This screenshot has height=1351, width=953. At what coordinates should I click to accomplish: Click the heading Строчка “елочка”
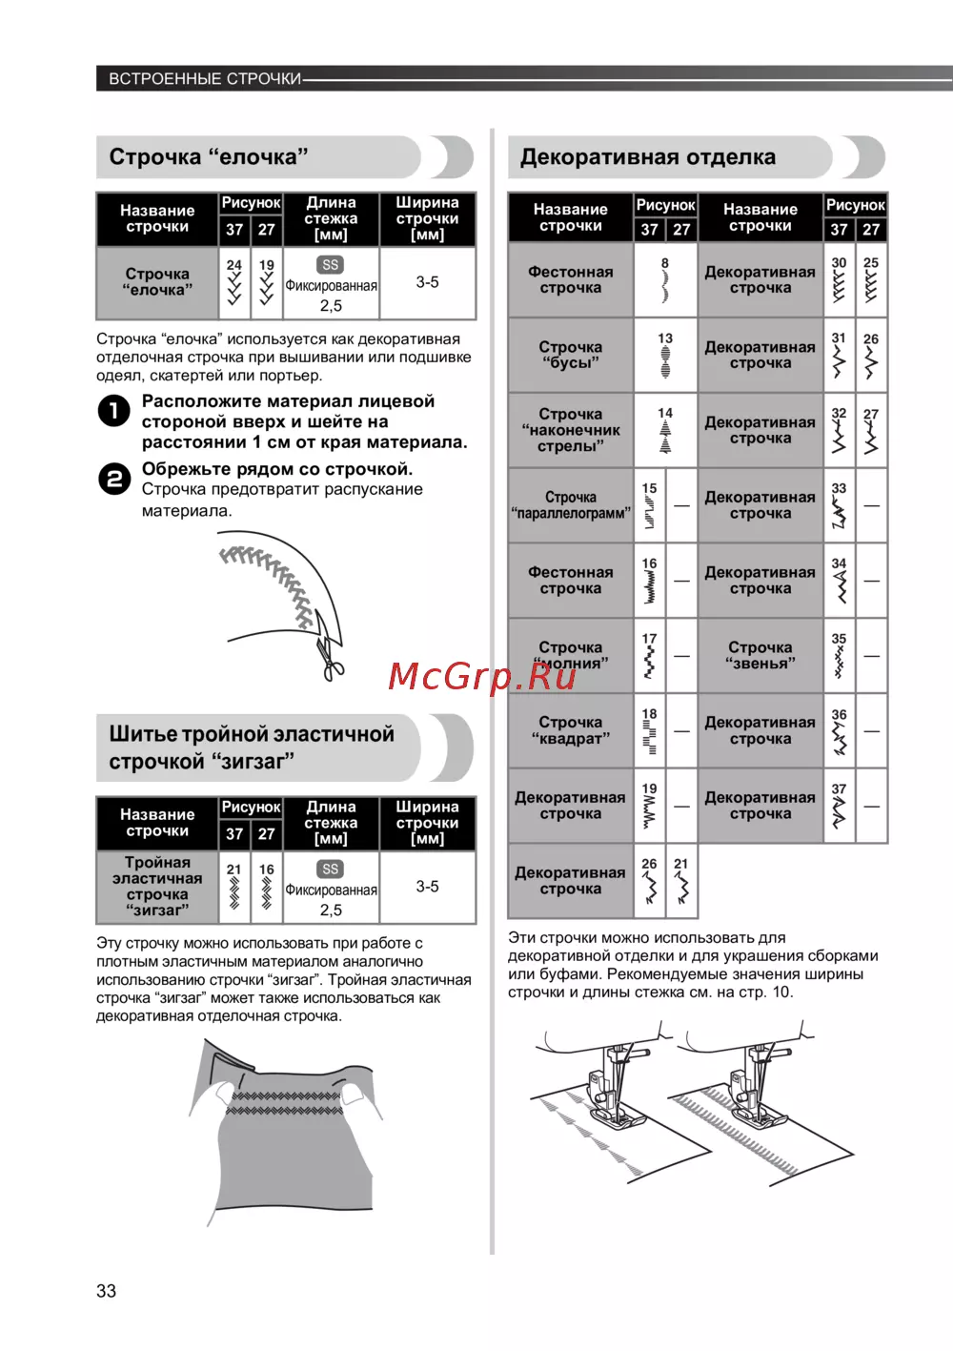click(209, 157)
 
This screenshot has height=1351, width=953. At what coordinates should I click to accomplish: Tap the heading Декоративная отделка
click(647, 157)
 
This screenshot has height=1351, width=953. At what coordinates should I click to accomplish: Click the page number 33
click(106, 1291)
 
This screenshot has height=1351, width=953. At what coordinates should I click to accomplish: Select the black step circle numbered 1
click(114, 411)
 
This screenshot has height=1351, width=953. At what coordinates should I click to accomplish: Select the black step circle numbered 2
click(114, 478)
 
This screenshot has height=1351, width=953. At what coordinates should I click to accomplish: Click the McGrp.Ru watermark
click(482, 676)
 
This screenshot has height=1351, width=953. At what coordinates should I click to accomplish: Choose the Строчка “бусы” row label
click(570, 355)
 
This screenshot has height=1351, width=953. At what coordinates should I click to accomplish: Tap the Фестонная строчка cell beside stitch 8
click(570, 279)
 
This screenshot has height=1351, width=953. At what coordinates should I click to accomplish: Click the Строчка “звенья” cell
click(760, 655)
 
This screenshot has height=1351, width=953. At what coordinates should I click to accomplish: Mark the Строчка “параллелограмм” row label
click(570, 505)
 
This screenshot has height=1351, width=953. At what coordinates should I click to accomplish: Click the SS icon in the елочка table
click(331, 265)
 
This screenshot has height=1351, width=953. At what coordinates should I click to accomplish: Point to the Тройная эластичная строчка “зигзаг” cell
click(157, 887)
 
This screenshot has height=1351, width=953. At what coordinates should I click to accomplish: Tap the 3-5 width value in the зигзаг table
click(427, 887)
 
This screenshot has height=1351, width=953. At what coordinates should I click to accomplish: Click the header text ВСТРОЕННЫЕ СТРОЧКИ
click(205, 79)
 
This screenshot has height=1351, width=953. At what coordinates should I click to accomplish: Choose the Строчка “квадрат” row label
click(570, 730)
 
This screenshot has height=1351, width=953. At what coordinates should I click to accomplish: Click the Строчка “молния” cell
click(570, 655)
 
